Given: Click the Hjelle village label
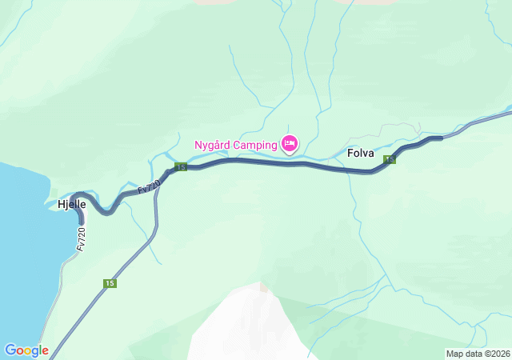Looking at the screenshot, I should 71,205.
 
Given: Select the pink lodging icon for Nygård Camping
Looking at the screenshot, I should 290,144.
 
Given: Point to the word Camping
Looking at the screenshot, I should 255,145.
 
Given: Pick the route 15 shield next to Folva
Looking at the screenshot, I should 390,160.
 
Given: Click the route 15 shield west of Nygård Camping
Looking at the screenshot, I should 181,167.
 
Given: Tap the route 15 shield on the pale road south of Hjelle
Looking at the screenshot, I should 110,283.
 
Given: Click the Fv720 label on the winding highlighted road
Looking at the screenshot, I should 149,186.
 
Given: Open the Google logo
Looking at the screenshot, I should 26,350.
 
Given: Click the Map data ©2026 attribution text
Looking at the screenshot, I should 478,354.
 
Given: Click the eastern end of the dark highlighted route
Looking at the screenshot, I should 440,138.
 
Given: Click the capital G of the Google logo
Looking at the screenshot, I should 10,350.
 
